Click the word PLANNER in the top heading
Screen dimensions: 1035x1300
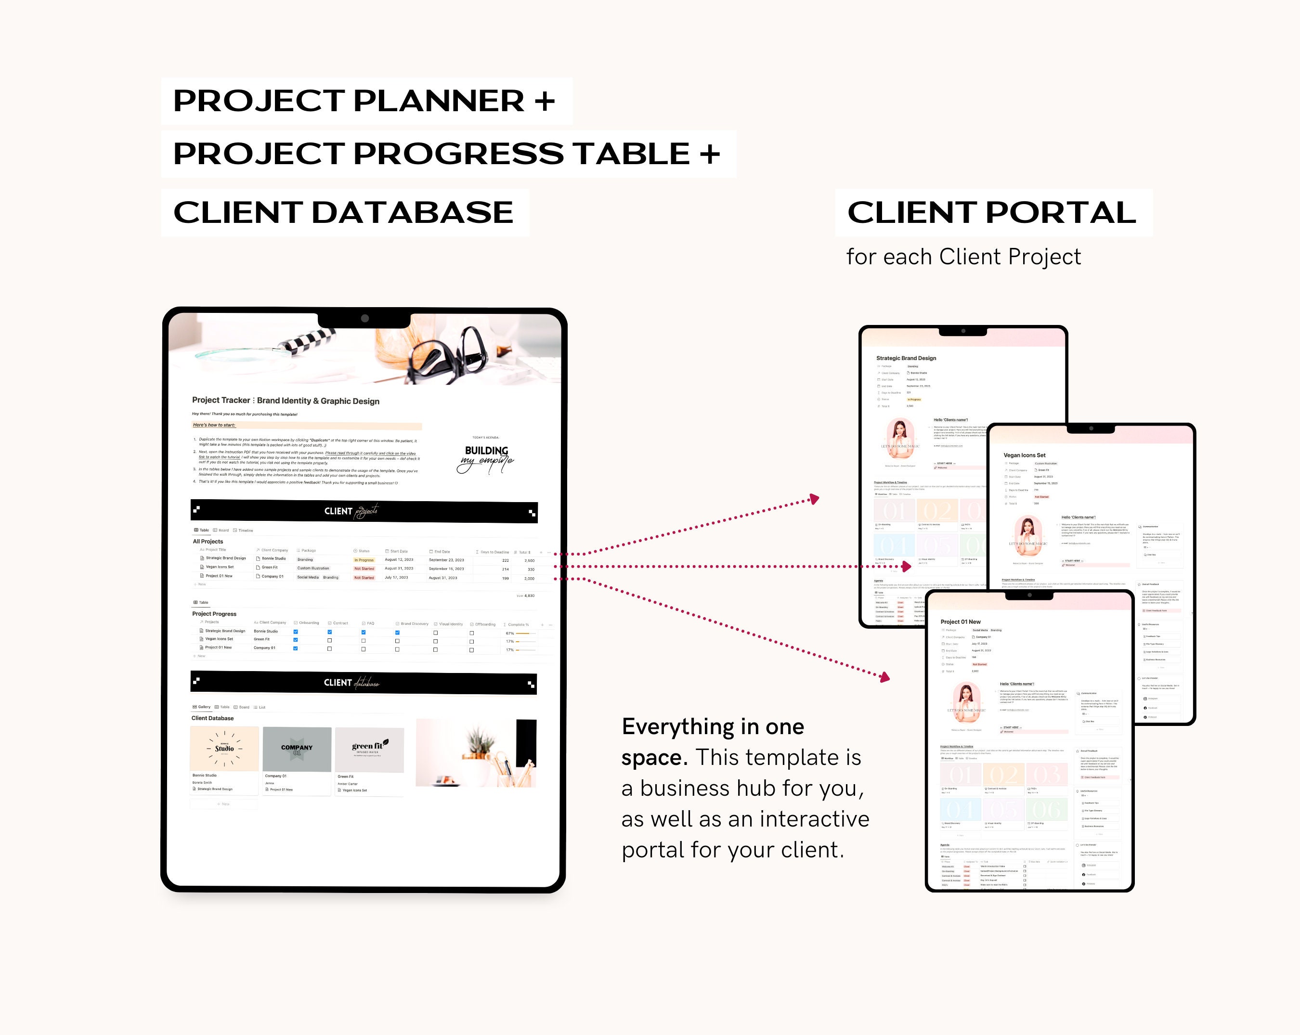tap(438, 101)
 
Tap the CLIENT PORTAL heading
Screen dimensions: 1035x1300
tap(991, 212)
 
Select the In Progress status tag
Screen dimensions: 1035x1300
tap(364, 560)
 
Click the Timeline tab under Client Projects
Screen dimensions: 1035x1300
tap(246, 530)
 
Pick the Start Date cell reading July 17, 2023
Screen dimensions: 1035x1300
tap(396, 578)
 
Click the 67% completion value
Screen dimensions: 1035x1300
tap(510, 633)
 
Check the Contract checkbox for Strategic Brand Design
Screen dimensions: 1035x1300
tap(330, 632)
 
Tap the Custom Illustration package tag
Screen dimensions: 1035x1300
tap(313, 569)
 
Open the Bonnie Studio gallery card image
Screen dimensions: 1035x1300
tap(224, 749)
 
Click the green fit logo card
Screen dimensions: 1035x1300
tap(369, 749)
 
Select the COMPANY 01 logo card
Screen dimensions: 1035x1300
tap(297, 749)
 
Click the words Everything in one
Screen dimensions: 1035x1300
tap(713, 727)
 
